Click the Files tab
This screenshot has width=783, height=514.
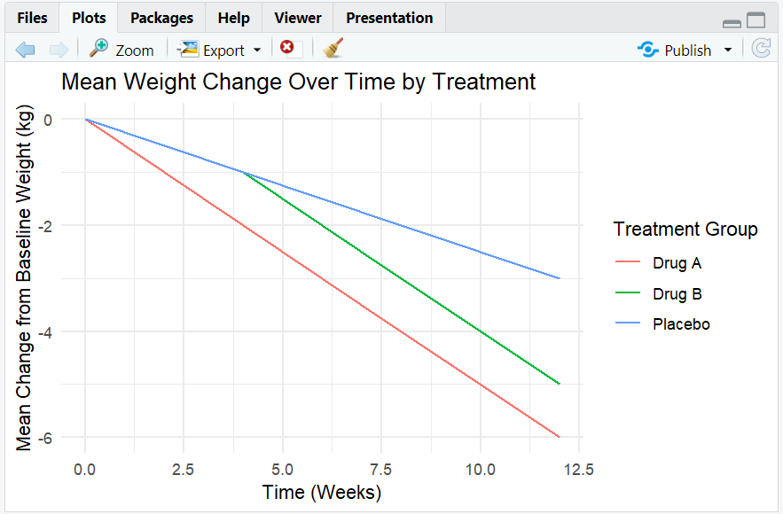click(32, 18)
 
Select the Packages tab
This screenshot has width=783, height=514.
click(161, 18)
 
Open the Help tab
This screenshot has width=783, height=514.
click(233, 18)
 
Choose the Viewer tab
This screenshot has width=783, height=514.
click(298, 18)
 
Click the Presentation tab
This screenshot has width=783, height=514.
click(389, 18)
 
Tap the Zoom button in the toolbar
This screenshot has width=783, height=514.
click(121, 50)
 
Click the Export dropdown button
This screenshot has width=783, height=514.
click(220, 50)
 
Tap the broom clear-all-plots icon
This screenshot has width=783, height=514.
click(333, 48)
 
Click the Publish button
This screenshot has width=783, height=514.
click(684, 50)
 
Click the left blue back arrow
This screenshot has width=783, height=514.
click(25, 50)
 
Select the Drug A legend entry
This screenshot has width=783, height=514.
click(658, 263)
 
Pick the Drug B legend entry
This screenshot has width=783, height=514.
click(659, 294)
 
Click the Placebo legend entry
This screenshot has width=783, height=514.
click(662, 324)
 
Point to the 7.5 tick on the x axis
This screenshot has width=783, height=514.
click(381, 470)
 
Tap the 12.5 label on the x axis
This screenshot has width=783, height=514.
click(579, 470)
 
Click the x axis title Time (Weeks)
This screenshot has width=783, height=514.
click(322, 493)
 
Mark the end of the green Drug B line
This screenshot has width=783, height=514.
click(560, 384)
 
